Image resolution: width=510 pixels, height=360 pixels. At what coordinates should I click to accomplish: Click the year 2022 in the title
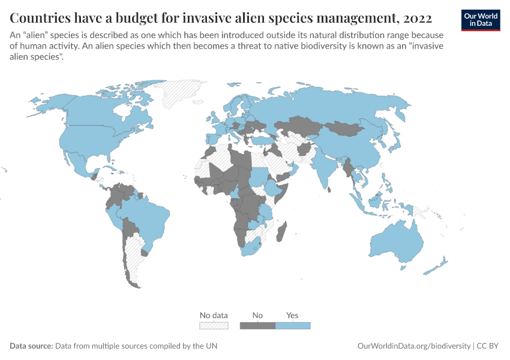click(414, 17)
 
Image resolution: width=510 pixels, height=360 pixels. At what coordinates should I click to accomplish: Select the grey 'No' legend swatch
click(257, 326)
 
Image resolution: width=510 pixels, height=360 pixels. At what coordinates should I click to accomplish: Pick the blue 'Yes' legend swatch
click(293, 326)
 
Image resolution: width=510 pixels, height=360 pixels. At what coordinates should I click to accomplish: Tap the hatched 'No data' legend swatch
click(214, 326)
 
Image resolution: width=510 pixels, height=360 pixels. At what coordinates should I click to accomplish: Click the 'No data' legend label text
click(214, 315)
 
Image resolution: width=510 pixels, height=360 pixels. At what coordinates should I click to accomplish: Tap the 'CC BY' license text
click(488, 346)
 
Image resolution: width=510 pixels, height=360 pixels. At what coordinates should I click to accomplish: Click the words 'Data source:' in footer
click(31, 346)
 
